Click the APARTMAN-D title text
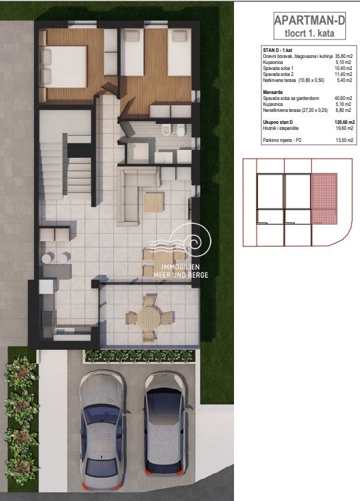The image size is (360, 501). (x=309, y=20)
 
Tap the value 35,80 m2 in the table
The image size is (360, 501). (x=344, y=56)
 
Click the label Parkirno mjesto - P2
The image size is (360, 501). (x=282, y=140)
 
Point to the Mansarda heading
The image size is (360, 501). (x=273, y=92)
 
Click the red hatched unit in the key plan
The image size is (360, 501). (x=324, y=199)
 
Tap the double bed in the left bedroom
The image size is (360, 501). (x=63, y=67)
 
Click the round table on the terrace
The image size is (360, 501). (x=150, y=318)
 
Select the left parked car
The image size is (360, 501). (x=102, y=430)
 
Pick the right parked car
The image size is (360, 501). (x=165, y=423)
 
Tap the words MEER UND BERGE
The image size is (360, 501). (x=181, y=274)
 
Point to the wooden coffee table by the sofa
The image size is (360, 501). (x=153, y=203)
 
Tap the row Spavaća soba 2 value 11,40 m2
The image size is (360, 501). (x=344, y=74)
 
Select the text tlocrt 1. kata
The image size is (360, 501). (x=309, y=33)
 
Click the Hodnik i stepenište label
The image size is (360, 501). (x=281, y=128)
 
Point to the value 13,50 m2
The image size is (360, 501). (x=345, y=140)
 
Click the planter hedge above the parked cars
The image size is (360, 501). (x=139, y=356)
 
